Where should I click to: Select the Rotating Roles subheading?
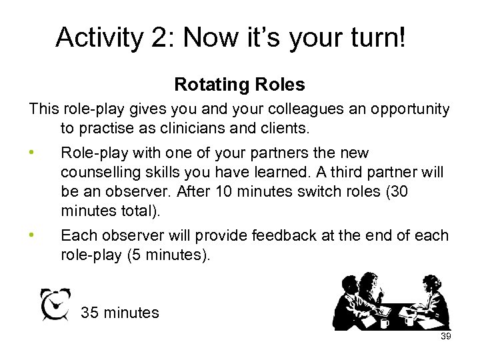(x=239, y=85)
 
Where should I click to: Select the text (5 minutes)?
(x=167, y=255)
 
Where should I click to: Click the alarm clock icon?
(x=55, y=305)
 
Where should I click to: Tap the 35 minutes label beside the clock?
(x=120, y=312)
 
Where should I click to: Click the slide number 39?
(x=446, y=337)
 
